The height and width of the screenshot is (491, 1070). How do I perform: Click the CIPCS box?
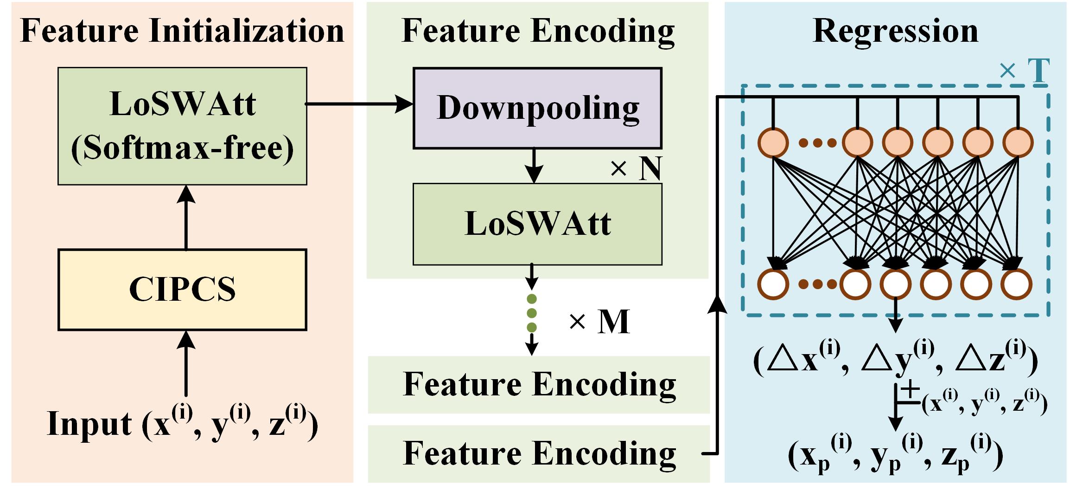[x=182, y=290]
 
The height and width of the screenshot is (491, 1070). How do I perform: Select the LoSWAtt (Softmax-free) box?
[x=182, y=126]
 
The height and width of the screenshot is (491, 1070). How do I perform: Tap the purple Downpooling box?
[x=537, y=108]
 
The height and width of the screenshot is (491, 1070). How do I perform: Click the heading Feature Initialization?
[x=182, y=31]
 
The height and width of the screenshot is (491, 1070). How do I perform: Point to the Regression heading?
[x=896, y=32]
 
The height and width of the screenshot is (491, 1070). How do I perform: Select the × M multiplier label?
[x=599, y=321]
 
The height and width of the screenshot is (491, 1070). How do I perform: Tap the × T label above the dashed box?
[x=1025, y=71]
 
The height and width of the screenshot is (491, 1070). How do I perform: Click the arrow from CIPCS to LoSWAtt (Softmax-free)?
[x=186, y=217]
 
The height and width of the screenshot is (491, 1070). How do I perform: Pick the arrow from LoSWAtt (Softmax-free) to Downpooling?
[x=359, y=104]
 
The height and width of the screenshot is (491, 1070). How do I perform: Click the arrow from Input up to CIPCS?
[x=186, y=363]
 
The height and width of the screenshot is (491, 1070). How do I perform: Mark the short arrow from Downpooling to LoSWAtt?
[x=535, y=166]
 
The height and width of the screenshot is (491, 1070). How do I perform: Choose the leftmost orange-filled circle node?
[x=773, y=142]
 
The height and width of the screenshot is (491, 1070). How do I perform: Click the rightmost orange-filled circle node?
[x=1018, y=142]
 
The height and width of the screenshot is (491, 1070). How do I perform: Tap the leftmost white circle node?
[x=773, y=284]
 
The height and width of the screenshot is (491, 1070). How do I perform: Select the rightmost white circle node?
[x=1017, y=284]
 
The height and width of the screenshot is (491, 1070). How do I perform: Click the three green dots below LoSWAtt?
[x=532, y=313]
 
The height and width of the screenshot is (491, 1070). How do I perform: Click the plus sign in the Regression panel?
[x=911, y=389]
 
